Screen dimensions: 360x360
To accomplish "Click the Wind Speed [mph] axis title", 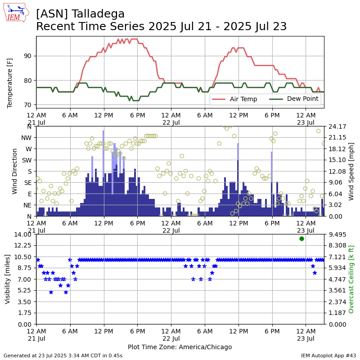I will (351, 171).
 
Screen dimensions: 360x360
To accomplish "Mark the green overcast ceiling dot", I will (301, 238).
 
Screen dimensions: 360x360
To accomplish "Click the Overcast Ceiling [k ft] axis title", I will (351, 279).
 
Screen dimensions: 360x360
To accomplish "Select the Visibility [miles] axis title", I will (8, 279).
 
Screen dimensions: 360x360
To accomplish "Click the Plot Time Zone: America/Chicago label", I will (180, 347).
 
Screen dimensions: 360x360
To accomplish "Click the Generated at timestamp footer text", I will (63, 355).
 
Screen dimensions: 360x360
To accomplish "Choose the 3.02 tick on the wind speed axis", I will (337, 205).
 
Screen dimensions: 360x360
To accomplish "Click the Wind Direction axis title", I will (14, 171).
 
